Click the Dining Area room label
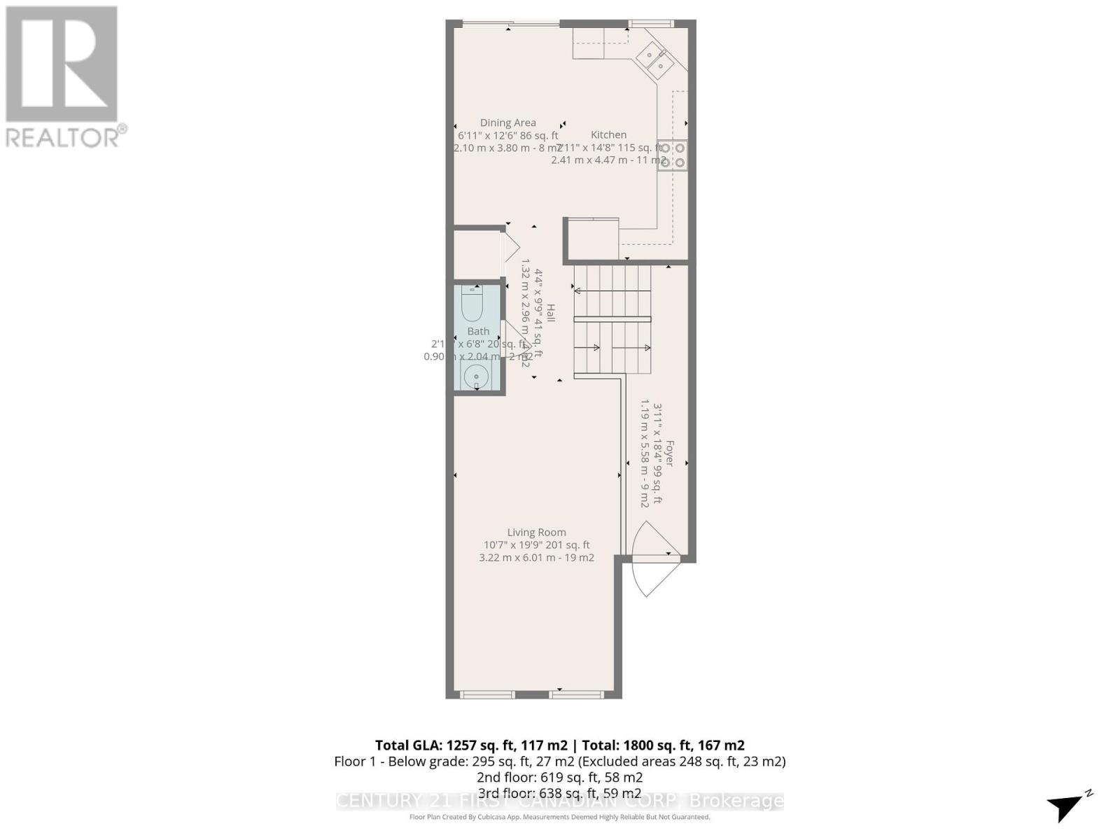tap(507, 122)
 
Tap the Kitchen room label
tap(608, 134)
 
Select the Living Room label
tap(536, 532)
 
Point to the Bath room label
tap(478, 331)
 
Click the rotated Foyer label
tap(669, 454)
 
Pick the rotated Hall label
tap(551, 313)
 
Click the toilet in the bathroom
tap(472, 302)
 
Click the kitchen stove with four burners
tap(672, 155)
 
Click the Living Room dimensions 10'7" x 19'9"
tap(536, 545)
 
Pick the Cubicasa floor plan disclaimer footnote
tap(559, 817)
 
